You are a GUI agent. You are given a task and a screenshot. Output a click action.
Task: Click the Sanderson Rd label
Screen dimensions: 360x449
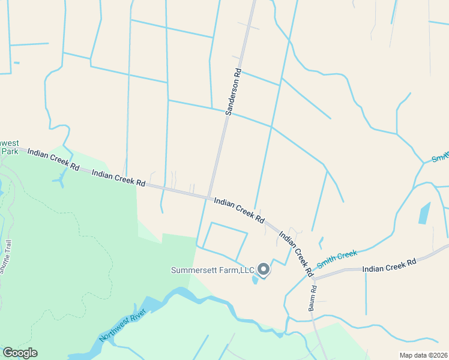pyautogui.click(x=233, y=92)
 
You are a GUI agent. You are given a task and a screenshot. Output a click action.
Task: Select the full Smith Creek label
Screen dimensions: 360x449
pyautogui.click(x=337, y=259)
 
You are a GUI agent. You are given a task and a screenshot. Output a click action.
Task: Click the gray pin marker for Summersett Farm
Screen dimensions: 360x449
pyautogui.click(x=263, y=269)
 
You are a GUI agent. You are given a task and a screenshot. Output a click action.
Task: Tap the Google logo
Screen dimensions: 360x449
pyautogui.click(x=20, y=353)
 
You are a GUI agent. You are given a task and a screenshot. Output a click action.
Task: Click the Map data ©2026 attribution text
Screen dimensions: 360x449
pyautogui.click(x=423, y=355)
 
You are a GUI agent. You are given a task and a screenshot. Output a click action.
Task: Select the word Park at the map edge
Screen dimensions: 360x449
pyautogui.click(x=10, y=151)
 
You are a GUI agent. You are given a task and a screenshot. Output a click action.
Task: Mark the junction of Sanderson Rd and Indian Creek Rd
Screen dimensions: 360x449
pyautogui.click(x=210, y=197)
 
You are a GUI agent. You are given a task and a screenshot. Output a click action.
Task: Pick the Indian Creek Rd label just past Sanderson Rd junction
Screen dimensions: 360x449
pyautogui.click(x=239, y=211)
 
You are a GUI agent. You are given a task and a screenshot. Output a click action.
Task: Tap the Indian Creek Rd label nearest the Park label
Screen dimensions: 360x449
pyautogui.click(x=53, y=158)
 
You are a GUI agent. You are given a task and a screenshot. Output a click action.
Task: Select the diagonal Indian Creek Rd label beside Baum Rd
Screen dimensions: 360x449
pyautogui.click(x=296, y=254)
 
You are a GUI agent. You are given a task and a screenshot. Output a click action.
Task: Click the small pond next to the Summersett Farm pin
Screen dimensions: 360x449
pyautogui.click(x=256, y=279)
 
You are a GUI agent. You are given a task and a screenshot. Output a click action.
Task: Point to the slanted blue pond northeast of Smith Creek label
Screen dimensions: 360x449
pyautogui.click(x=424, y=212)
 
